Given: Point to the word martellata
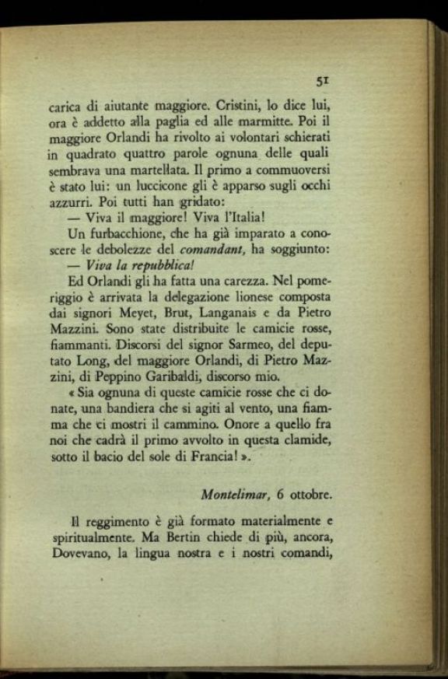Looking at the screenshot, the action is click(165, 171).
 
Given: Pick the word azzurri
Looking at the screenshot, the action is click(68, 204).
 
